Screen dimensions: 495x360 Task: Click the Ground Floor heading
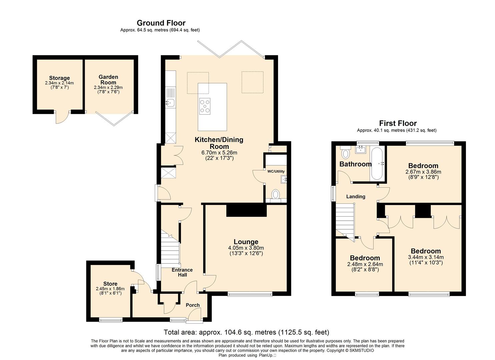[x=161, y=23]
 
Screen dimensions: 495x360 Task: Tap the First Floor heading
[x=398, y=123]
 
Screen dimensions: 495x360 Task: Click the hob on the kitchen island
[x=205, y=106]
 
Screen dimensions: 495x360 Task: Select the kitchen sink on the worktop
[x=170, y=103]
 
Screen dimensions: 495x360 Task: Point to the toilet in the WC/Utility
[x=276, y=194]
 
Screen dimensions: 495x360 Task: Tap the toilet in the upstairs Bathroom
[x=345, y=152]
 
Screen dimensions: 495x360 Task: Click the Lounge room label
[x=246, y=242]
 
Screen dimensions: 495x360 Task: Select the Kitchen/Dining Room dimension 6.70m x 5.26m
[x=219, y=152]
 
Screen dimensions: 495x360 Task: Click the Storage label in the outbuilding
[x=59, y=78]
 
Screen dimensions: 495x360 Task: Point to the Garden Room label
[x=108, y=80]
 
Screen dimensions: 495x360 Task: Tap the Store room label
[x=110, y=284]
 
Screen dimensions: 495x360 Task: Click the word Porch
[x=193, y=305]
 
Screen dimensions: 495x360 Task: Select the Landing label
[x=356, y=196]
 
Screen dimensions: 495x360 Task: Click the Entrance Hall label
[x=182, y=272]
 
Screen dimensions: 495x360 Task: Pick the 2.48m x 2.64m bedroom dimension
[x=365, y=264]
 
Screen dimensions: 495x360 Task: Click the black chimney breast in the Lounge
[x=246, y=210]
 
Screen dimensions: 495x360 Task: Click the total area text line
[x=246, y=332]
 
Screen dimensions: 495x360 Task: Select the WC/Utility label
[x=276, y=171]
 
